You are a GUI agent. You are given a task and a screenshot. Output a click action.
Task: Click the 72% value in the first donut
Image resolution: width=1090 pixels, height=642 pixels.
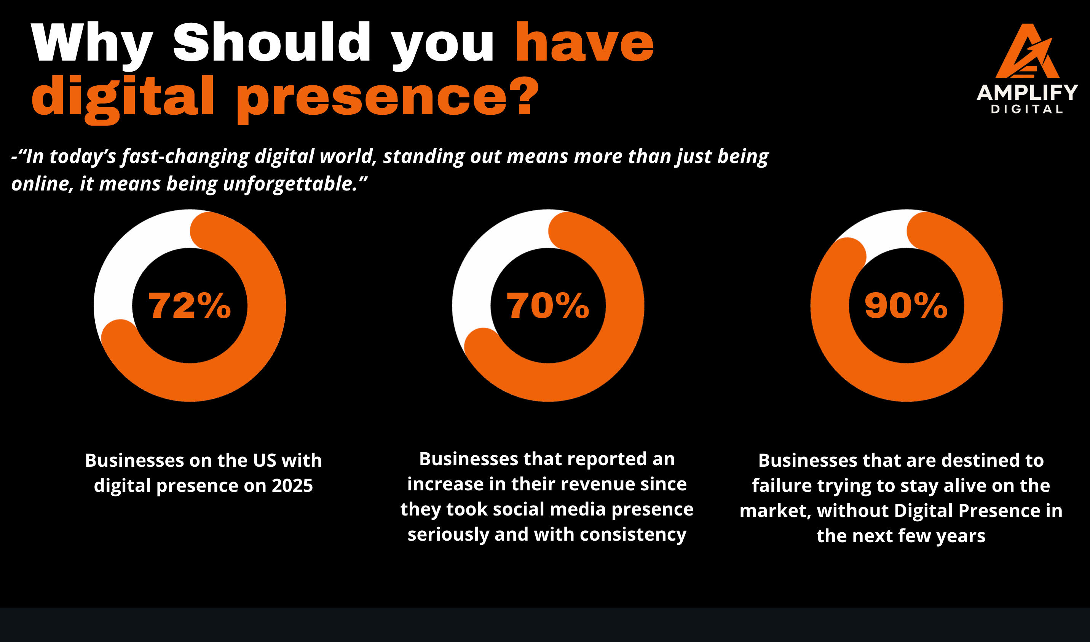click(x=190, y=306)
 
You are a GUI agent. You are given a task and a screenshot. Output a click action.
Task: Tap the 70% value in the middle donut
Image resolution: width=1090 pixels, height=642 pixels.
click(x=547, y=306)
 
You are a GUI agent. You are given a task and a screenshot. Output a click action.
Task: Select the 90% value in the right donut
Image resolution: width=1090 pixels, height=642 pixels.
click(x=906, y=306)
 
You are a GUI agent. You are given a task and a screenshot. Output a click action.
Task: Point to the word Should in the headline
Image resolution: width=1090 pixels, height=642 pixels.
click(x=271, y=42)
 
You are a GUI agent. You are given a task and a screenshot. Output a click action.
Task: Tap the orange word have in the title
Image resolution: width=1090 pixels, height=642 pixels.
click(x=584, y=42)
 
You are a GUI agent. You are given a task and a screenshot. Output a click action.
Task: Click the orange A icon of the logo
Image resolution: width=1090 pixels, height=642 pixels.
click(x=1027, y=52)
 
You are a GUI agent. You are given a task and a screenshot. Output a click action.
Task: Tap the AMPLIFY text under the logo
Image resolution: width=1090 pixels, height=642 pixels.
click(x=1027, y=93)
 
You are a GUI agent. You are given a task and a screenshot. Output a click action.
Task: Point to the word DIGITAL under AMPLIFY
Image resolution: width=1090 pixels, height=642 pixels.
click(x=1027, y=109)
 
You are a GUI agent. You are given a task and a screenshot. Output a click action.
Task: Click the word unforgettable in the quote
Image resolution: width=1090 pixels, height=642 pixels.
click(x=290, y=184)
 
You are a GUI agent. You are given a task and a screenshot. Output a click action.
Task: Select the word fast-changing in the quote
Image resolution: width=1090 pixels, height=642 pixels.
click(x=185, y=157)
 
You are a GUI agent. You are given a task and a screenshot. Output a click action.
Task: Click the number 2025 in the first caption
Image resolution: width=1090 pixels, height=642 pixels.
click(x=292, y=486)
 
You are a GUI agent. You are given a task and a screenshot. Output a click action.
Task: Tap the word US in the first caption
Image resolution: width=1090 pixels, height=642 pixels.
click(x=264, y=460)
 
